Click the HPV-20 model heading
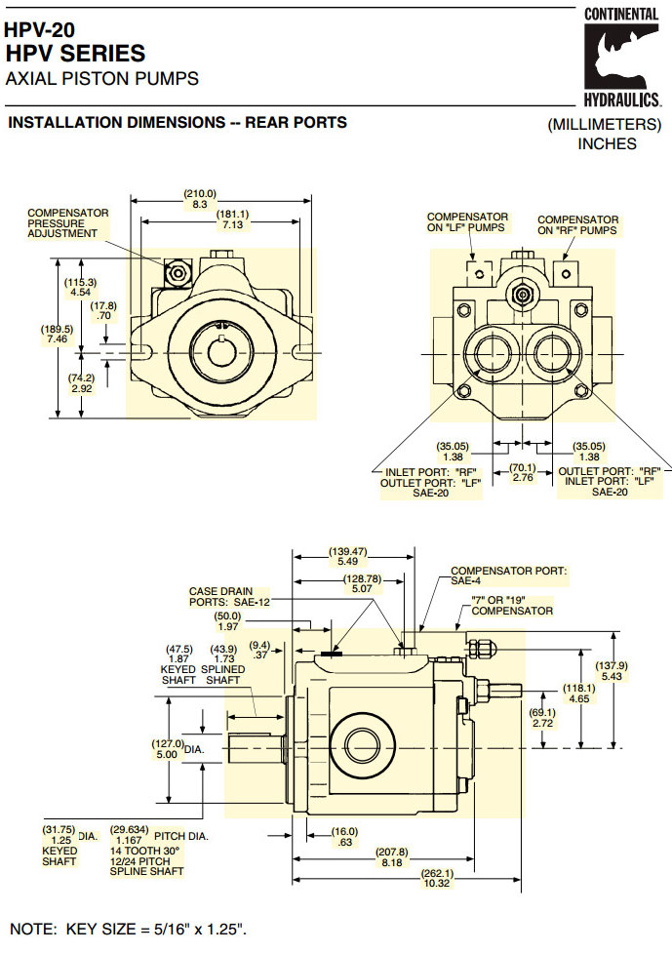point(40,30)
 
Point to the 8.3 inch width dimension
point(199,205)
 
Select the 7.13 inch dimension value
point(232,225)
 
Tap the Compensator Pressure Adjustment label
point(67,223)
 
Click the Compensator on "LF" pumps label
point(467,222)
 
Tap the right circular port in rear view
point(551,352)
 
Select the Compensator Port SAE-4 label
point(508,575)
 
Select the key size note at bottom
point(128,929)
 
